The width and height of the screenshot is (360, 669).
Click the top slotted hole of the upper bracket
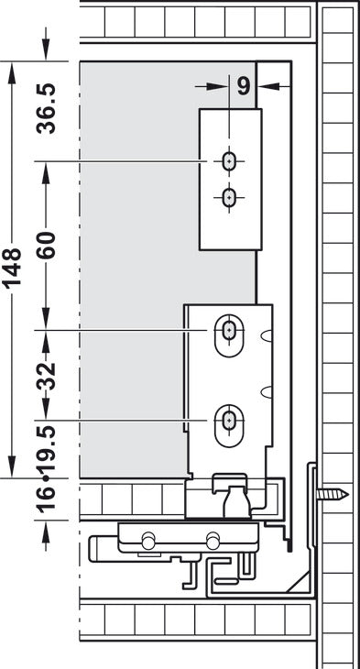coord(227,161)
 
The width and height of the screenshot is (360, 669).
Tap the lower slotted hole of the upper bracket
coord(227,195)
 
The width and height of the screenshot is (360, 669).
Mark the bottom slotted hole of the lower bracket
coord(227,421)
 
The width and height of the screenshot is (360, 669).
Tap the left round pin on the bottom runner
coord(147,537)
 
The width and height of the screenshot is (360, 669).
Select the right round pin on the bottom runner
coord(213,537)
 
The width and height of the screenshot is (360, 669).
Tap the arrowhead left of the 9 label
coord(220,86)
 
